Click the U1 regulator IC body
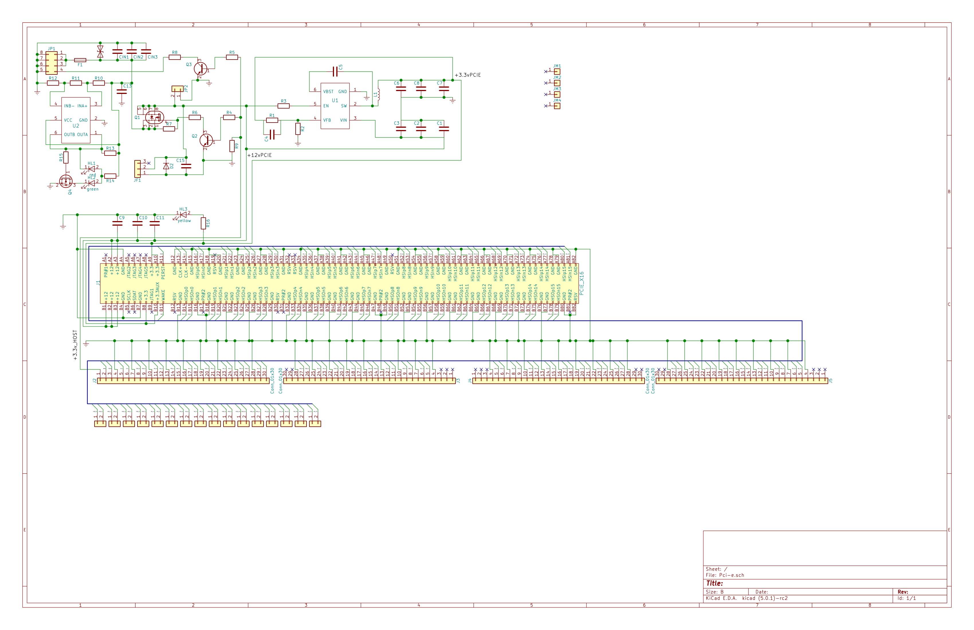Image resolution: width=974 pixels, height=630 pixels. click(335, 106)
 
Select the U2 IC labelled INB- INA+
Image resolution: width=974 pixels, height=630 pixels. click(76, 120)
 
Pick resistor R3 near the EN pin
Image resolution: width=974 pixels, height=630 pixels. click(284, 106)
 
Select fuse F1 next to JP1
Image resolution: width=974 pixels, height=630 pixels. click(80, 60)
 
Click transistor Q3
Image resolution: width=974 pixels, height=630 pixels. click(200, 68)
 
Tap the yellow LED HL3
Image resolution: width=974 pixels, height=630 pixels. click(183, 214)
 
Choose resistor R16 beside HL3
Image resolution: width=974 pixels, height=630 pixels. click(203, 223)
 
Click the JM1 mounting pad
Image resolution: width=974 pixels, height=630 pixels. click(557, 72)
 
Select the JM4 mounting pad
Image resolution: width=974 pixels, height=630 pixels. click(557, 106)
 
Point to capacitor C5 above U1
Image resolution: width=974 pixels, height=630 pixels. click(335, 72)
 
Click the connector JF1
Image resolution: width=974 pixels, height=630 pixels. click(137, 167)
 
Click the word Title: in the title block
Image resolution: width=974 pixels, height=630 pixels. click(714, 583)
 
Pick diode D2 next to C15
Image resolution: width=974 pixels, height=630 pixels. click(166, 166)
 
